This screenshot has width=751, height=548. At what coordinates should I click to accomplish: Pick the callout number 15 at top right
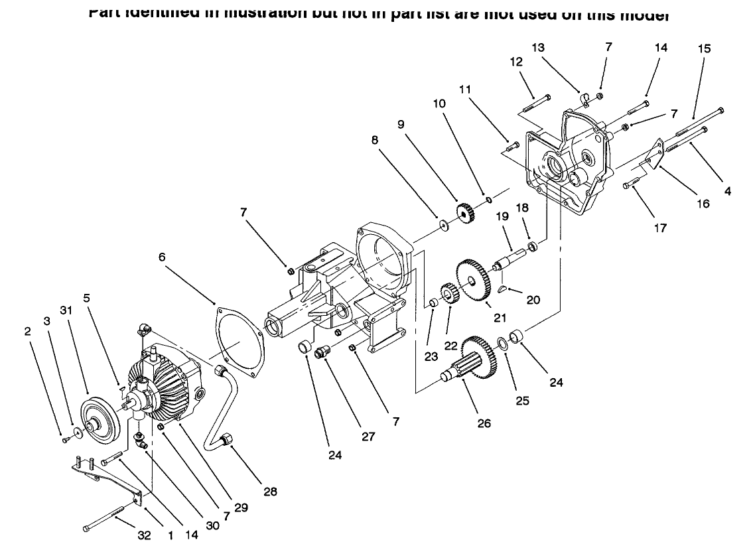coord(704,48)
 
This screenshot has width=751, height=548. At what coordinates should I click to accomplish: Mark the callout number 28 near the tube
coord(270,492)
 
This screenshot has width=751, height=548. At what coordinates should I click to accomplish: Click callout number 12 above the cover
coord(516,62)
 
